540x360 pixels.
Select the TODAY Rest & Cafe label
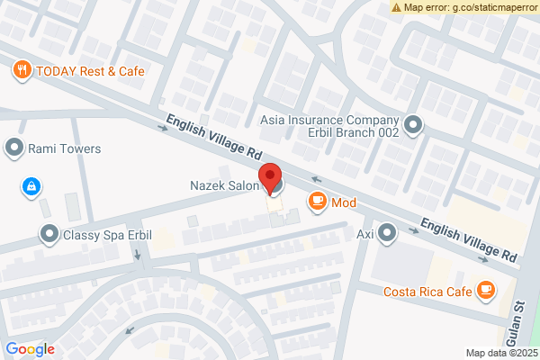click(x=87, y=69)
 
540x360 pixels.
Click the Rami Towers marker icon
click(x=13, y=148)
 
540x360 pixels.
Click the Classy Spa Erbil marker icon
click(x=48, y=235)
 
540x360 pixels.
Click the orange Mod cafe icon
click(x=317, y=202)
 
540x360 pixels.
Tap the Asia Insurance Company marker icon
click(x=413, y=125)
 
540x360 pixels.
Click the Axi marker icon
click(x=388, y=234)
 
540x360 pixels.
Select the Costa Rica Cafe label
click(x=427, y=291)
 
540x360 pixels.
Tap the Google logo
click(x=30, y=349)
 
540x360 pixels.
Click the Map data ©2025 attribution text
click(x=501, y=353)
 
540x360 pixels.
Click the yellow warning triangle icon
click(x=397, y=7)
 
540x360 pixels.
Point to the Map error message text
click(x=470, y=7)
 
